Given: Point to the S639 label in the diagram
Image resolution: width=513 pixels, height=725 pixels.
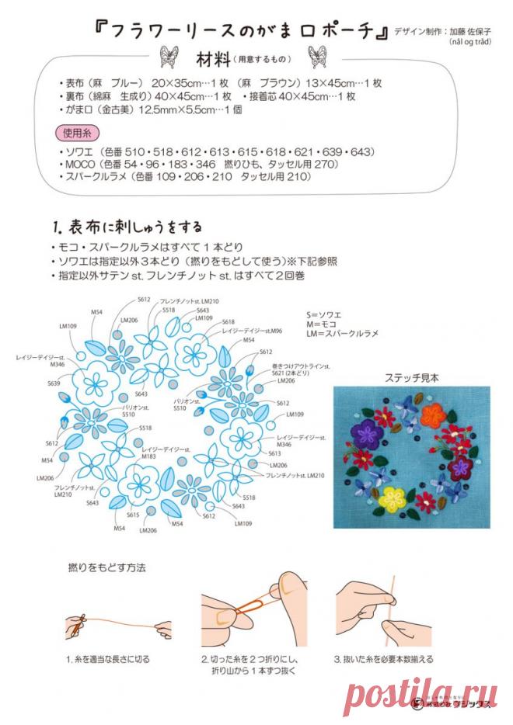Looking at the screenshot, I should [54, 383].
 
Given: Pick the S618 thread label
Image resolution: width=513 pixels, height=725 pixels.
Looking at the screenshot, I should [228, 321].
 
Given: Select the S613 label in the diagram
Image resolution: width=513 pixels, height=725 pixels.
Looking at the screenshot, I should [274, 453].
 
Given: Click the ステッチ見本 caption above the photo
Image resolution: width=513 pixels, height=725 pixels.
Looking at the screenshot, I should [412, 377].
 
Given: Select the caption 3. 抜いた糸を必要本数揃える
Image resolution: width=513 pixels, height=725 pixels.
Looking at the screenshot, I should [383, 660].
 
